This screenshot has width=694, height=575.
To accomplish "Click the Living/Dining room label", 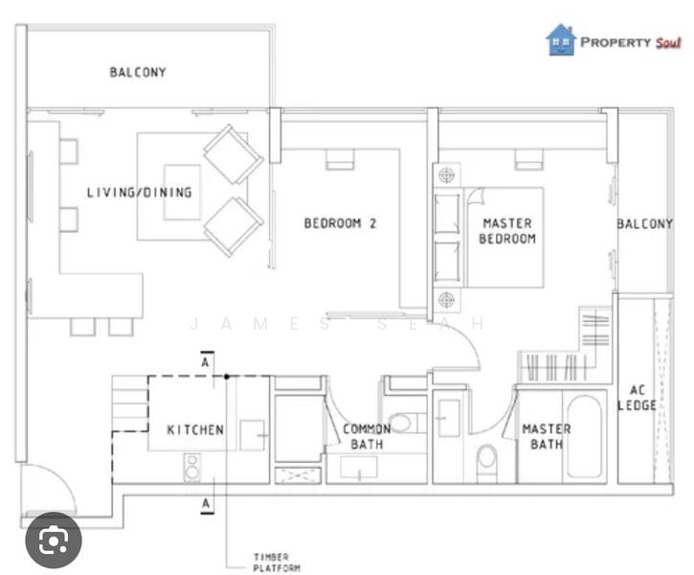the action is (x=140, y=193).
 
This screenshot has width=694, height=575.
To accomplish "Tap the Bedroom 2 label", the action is (x=340, y=223).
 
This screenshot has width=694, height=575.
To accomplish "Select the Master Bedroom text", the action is (x=507, y=231).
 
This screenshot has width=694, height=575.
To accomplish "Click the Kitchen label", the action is (x=195, y=429).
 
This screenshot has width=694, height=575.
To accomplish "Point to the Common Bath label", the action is (x=367, y=436).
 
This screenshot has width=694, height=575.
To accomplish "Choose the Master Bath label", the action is (x=547, y=436).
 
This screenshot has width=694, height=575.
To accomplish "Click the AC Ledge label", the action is (x=637, y=398).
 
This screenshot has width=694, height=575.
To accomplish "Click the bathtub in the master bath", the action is (x=584, y=436).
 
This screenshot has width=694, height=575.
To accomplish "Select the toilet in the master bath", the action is (x=487, y=461).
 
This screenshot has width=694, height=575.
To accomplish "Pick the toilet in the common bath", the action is (x=405, y=423).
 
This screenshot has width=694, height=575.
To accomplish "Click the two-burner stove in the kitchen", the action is (x=192, y=468).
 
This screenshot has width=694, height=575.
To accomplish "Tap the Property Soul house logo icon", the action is (x=561, y=40).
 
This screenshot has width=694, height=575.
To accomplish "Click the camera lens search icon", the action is (x=54, y=540).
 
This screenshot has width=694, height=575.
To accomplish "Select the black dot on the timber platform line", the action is (x=227, y=377).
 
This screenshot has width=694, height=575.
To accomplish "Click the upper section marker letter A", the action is (x=206, y=362).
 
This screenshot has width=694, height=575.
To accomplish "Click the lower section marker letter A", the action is (x=206, y=504).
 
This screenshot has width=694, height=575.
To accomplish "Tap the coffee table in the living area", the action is (x=182, y=192).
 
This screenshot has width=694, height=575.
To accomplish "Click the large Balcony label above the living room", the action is (x=138, y=72).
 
